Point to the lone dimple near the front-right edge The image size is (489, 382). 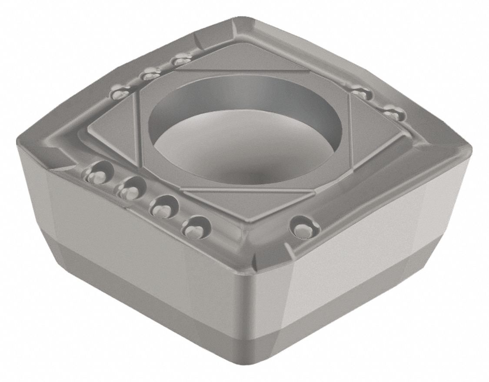(x=301, y=227)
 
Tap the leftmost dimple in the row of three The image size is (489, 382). (x=119, y=93)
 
